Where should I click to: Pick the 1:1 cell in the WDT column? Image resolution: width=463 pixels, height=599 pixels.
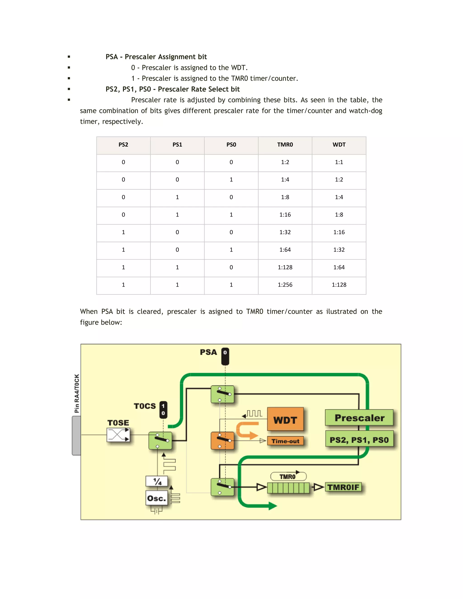click(x=339, y=162)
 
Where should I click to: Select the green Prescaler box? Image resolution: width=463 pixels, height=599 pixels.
click(x=359, y=418)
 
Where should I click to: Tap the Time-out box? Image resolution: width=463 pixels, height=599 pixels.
click(x=285, y=441)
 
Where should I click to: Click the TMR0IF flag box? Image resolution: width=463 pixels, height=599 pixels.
click(x=343, y=487)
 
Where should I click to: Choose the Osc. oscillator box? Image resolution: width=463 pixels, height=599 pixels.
click(x=156, y=498)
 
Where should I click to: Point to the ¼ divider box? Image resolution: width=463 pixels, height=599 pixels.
click(x=157, y=481)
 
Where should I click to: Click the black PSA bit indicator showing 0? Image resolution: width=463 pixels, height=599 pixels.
click(x=225, y=356)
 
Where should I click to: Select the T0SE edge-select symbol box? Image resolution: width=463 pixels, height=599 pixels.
click(x=118, y=435)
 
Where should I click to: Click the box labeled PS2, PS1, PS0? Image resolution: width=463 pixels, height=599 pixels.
click(x=359, y=440)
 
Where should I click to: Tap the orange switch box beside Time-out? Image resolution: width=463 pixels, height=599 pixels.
click(x=222, y=441)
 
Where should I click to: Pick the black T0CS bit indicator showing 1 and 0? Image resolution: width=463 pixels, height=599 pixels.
click(x=163, y=410)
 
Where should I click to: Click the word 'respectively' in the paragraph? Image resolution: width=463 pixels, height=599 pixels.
click(x=122, y=122)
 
